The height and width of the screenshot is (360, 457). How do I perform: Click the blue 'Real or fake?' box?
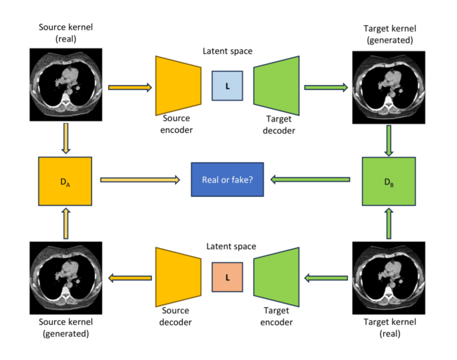pos(228,180)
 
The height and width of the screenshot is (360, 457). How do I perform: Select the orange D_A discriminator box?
pos(65,180)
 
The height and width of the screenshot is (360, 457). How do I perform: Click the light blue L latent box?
pos(227,86)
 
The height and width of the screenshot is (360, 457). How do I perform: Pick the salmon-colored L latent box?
pos(227,277)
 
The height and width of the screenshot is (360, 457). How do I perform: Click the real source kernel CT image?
pos(65,84)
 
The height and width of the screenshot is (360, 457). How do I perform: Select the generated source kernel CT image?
pos(65,277)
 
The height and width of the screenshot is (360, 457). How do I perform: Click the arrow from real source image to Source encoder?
pos(129,87)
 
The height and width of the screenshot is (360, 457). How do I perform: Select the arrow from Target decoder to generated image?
pos(326,87)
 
